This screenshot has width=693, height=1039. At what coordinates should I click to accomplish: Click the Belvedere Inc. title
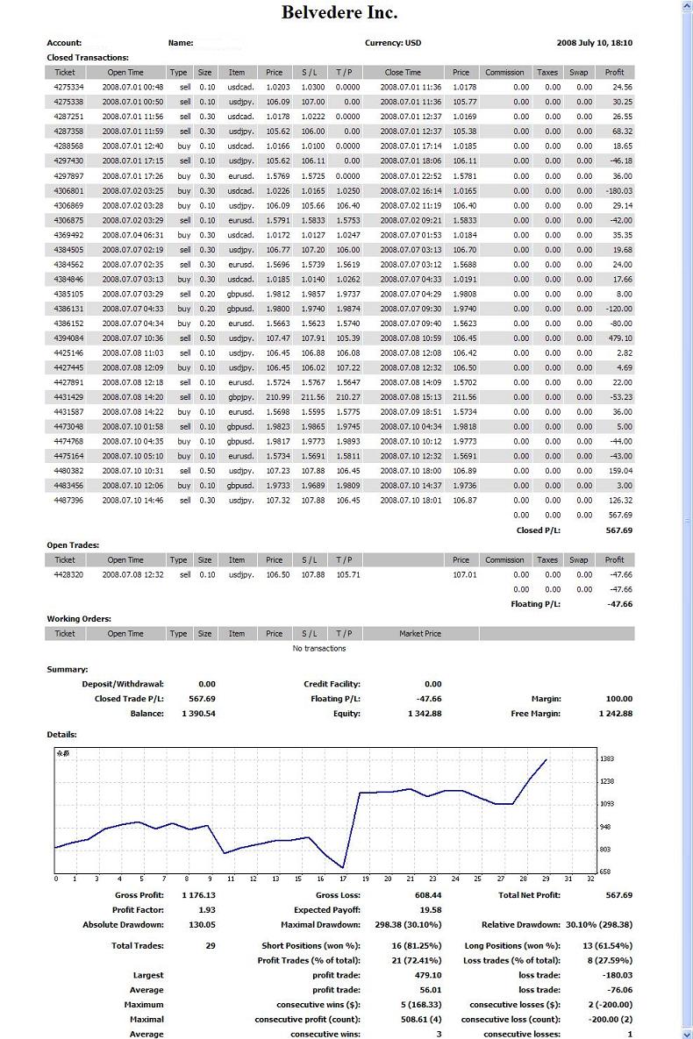[x=339, y=12]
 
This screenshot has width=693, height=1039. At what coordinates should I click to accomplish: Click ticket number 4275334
[x=68, y=87]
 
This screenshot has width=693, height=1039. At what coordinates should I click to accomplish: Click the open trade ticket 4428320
[x=68, y=574]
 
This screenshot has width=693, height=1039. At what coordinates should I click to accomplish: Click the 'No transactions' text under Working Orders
[x=319, y=649]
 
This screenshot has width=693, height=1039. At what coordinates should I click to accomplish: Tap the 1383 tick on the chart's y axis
[x=607, y=759]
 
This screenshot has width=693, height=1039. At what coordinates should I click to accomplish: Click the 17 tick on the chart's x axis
[x=343, y=879]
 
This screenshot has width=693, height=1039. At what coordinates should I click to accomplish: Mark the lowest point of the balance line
[x=343, y=867]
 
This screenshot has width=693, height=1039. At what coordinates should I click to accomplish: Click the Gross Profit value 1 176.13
[x=198, y=895]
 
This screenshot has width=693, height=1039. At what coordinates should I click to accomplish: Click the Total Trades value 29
[x=211, y=946]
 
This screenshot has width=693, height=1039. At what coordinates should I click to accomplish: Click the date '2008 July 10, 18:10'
[x=595, y=42]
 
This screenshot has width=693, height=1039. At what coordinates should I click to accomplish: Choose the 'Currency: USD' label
[x=393, y=42]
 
